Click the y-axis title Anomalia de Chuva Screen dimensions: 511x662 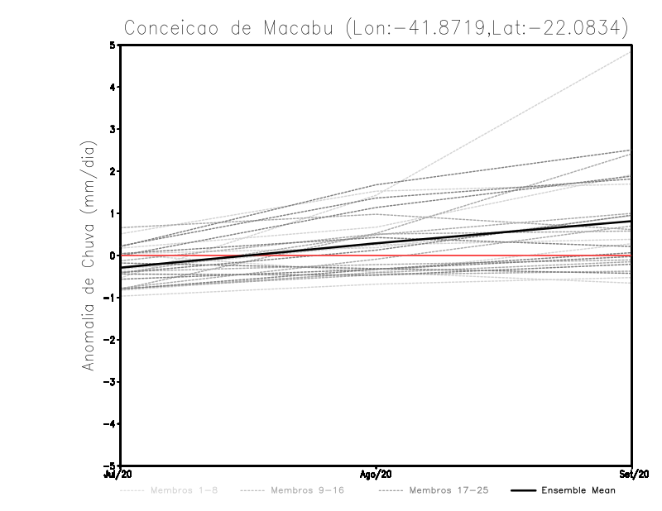click(x=89, y=255)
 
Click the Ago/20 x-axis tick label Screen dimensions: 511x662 click(x=376, y=474)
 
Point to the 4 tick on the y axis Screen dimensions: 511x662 click(x=113, y=87)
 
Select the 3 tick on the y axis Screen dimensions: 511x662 click(x=113, y=129)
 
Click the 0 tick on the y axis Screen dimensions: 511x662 click(x=113, y=255)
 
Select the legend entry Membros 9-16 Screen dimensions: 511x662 click(x=307, y=491)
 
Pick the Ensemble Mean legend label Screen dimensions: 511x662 click(x=578, y=491)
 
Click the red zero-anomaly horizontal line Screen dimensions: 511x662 click(x=496, y=255)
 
